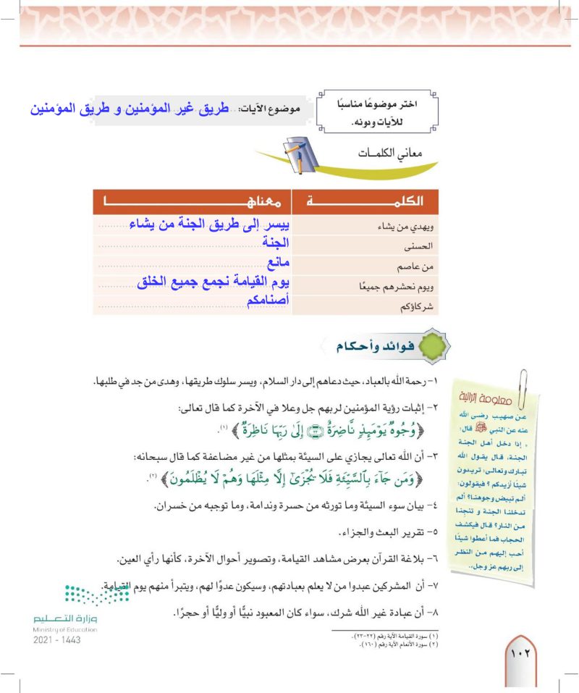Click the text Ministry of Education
pos(64,630)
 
